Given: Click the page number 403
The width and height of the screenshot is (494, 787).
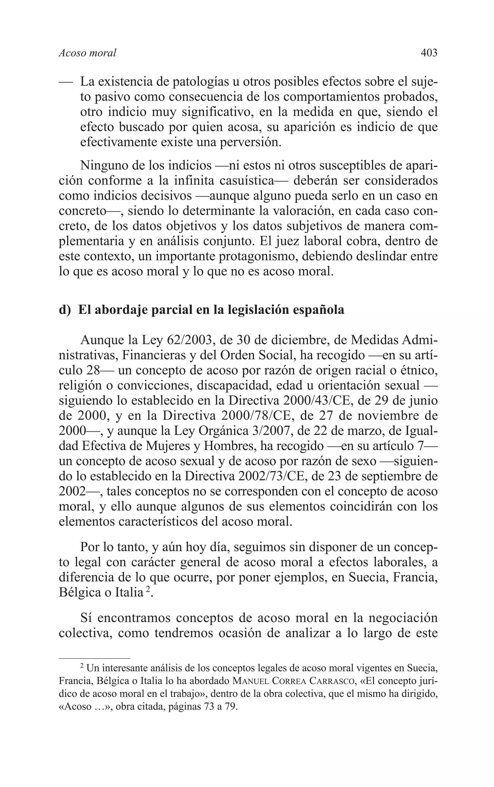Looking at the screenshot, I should [x=429, y=53].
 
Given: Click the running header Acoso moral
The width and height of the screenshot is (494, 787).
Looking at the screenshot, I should [x=88, y=53].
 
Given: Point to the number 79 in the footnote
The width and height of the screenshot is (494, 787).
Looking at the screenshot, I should [x=231, y=708].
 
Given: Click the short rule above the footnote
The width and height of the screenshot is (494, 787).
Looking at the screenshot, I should [x=94, y=658].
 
